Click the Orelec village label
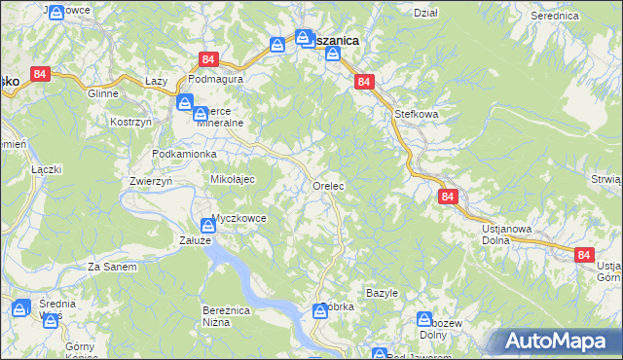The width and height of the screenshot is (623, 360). pos(330,185)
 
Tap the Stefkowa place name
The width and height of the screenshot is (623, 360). pos(416,114)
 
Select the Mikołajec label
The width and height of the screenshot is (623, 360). pos(233,180)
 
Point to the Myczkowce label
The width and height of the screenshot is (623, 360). pos(238,218)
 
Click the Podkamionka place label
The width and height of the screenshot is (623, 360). pos(184,155)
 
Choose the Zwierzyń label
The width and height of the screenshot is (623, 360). pos(150,181)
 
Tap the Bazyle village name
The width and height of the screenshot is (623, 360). pos(382,293)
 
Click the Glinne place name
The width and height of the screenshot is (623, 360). pos(102,94)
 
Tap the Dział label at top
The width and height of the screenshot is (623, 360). pos(425,13)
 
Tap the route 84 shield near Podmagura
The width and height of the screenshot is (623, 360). pos(207,59)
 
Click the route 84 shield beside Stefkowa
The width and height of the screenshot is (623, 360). pos(363,83)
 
